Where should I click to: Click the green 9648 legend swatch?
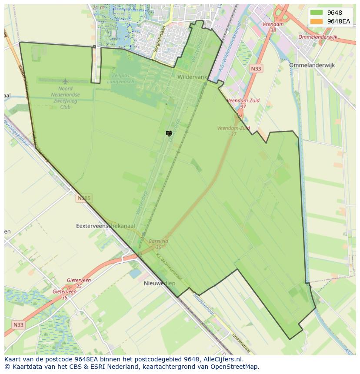tap(317, 13)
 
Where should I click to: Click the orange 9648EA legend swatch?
tap(317, 21)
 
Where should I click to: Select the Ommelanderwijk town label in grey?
tap(312, 65)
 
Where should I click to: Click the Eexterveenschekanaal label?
tap(106, 226)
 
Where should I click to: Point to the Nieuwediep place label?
tap(159, 283)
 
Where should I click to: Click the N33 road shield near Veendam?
tap(257, 69)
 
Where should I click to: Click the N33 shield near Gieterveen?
tap(18, 324)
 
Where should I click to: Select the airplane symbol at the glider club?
tap(65, 81)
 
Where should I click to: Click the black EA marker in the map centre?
tap(169, 133)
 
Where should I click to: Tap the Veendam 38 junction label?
tap(273, 27)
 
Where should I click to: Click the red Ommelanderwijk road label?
tap(318, 37)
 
